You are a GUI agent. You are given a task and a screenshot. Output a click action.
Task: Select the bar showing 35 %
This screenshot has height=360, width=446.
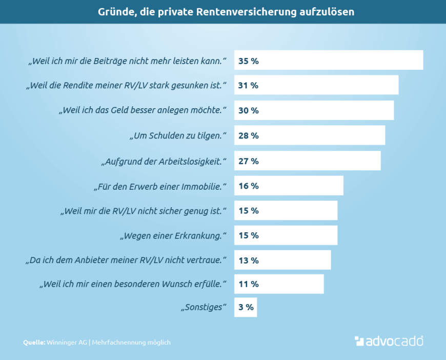coord(329,60)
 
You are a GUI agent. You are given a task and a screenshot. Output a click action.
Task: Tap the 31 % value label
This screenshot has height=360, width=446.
coord(248,85)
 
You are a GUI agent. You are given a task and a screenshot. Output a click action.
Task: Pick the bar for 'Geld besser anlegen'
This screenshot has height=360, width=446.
coord(314,110)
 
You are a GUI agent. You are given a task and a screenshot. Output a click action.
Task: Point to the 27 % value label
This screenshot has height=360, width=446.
coord(248,161)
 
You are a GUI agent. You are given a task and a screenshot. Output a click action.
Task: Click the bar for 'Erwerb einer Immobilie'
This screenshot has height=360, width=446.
coord(289,186)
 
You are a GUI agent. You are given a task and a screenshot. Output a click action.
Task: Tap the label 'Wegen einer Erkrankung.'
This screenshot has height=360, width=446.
coord(173,236)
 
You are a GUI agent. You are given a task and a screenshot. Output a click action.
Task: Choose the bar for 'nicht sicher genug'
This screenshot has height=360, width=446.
coord(286,211)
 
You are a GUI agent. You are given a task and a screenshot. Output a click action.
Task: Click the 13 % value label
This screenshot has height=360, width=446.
coord(248,261)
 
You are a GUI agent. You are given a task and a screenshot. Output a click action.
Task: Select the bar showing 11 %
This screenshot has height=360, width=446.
coord(279,284)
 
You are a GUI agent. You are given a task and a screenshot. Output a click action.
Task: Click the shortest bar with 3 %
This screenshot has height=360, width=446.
coord(246,308)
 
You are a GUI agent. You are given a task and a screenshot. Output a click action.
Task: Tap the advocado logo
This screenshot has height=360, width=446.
coord(389,341)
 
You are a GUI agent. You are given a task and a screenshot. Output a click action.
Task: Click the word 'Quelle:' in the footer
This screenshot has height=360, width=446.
coord(34,342)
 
